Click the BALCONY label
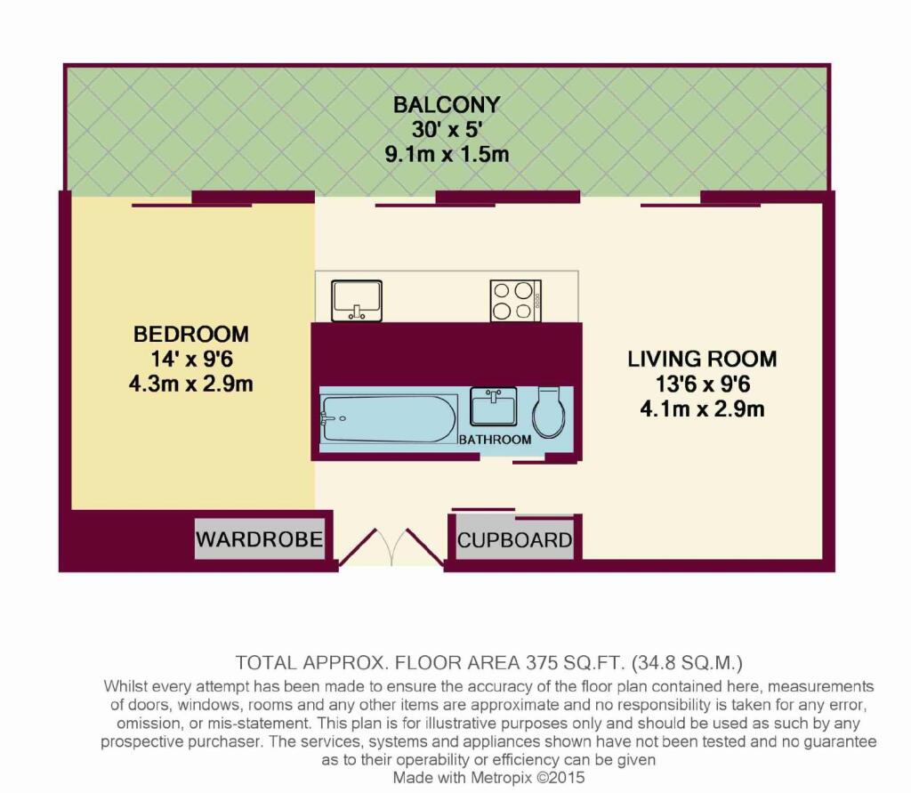[x=447, y=105]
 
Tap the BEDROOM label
[x=190, y=335]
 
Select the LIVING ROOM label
[x=702, y=360]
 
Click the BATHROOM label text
[x=495, y=440]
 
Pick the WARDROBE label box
[x=259, y=539]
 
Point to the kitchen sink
[x=356, y=301]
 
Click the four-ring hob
[x=515, y=301]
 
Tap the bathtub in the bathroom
[x=388, y=418]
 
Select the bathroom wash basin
[x=492, y=409]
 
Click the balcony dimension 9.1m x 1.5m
[x=447, y=154]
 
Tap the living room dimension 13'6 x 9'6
[x=702, y=385]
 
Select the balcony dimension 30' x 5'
[x=447, y=130]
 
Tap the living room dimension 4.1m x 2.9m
[x=702, y=410]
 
